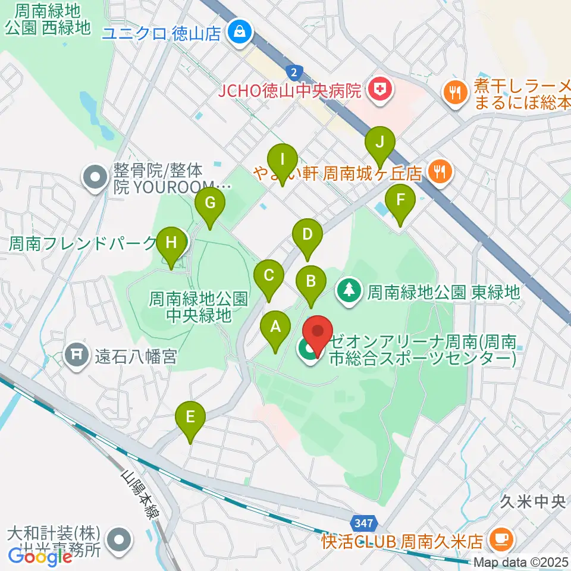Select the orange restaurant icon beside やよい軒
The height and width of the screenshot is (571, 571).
(440, 172)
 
